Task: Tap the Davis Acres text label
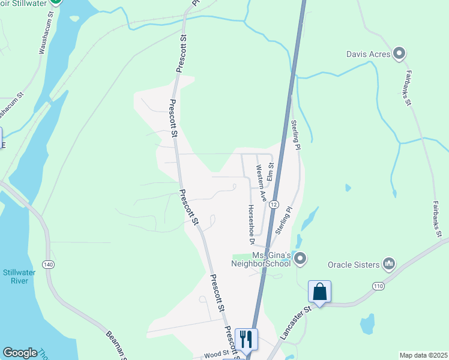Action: tap(369, 55)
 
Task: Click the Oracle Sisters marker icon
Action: tap(389, 264)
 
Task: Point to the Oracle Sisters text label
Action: tap(354, 265)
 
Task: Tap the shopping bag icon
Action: tap(319, 292)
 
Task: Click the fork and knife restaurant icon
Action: tap(246, 339)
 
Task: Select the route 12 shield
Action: tap(274, 204)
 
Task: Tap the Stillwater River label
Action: tap(20, 277)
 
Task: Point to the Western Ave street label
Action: tap(261, 182)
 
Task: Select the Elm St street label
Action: tap(271, 171)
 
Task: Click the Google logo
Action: tap(20, 353)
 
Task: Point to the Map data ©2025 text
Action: tap(423, 355)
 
